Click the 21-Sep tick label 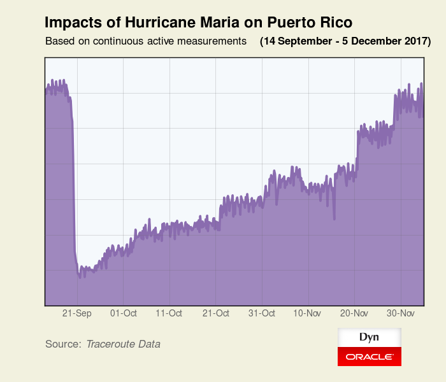[x=77, y=313]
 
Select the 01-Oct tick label [x=123, y=313]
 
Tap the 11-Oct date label [x=169, y=313]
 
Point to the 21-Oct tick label [x=215, y=313]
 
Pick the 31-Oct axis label [x=261, y=313]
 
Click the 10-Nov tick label [x=307, y=313]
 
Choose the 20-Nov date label [x=354, y=313]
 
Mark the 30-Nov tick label [x=401, y=313]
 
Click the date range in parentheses [x=345, y=42]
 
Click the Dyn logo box [x=369, y=337]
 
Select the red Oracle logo [x=369, y=357]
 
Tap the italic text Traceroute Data [x=123, y=344]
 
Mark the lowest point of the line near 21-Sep [x=80, y=276]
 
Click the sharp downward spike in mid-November [x=334, y=218]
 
